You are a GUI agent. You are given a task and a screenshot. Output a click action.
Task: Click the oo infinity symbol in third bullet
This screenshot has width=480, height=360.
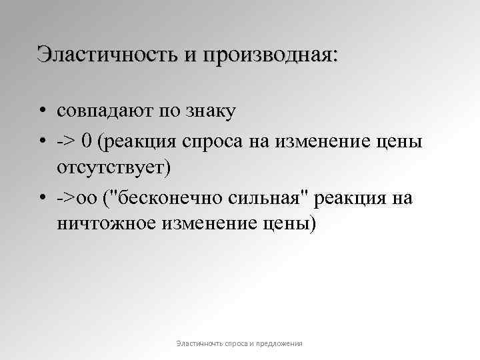click(x=87, y=199)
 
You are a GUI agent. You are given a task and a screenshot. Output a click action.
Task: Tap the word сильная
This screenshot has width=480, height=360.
click(x=267, y=199)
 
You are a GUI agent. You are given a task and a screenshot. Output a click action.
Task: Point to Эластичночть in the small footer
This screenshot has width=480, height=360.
click(x=197, y=343)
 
